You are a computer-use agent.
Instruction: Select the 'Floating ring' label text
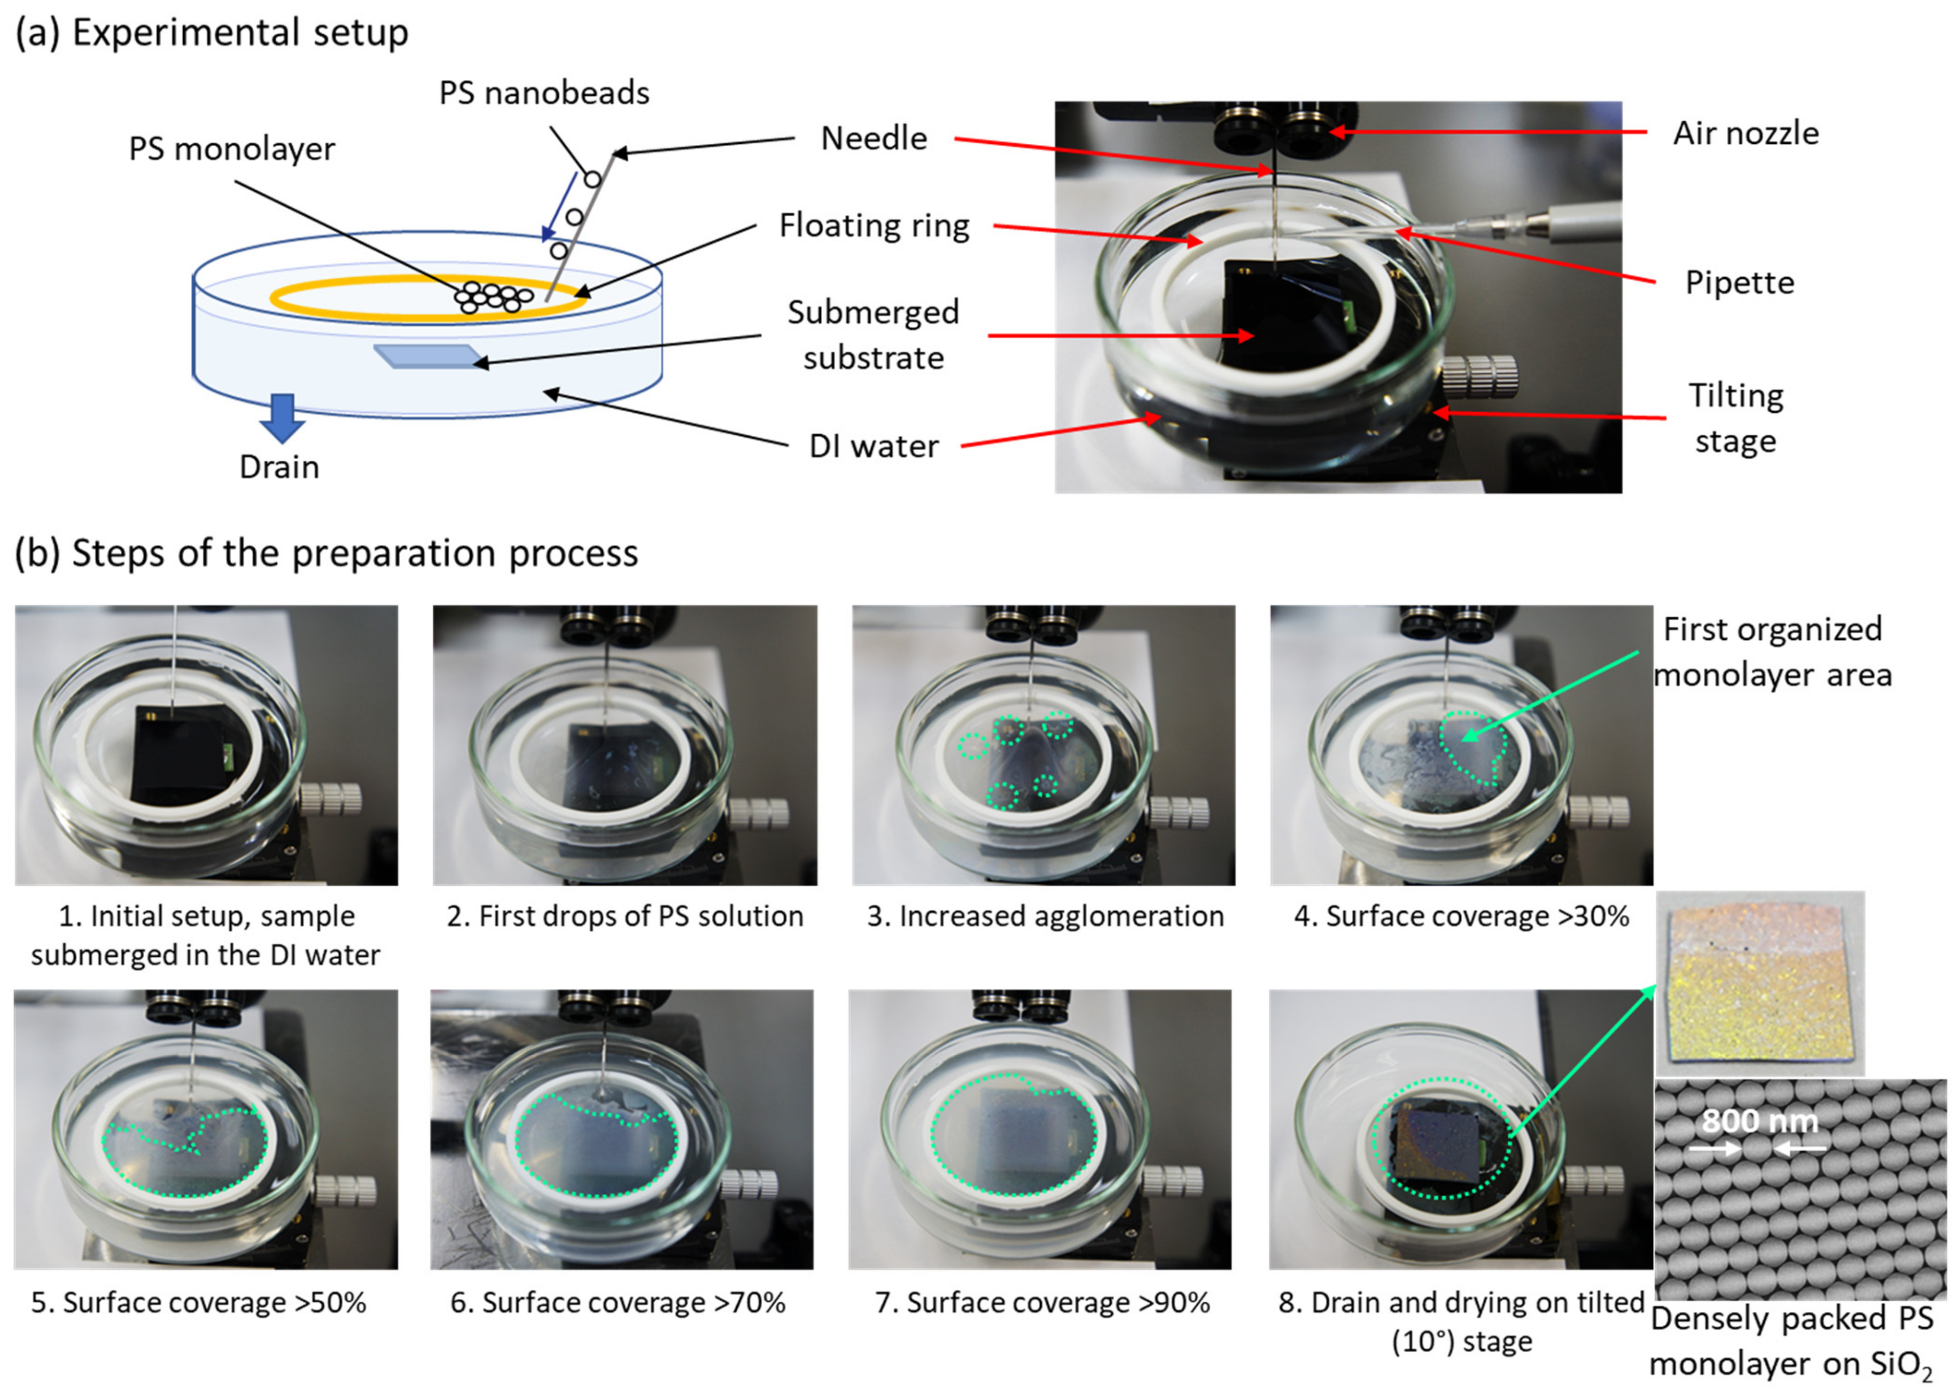pos(874,226)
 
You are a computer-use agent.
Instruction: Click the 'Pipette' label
pos(1739,283)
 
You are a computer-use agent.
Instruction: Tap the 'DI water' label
pos(874,447)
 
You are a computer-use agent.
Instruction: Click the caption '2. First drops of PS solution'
pos(625,917)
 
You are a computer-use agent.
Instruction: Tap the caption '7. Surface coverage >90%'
pos(1042,1303)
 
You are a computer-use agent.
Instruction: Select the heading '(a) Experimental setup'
pos(212,33)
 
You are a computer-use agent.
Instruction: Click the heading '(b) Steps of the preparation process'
pos(326,553)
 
